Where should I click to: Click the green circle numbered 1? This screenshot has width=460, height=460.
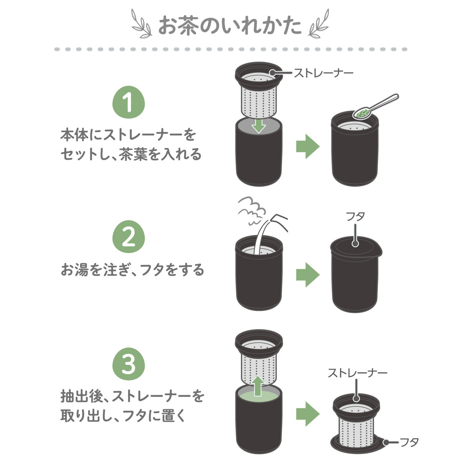[128, 102]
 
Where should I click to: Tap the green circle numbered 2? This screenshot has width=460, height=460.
[128, 237]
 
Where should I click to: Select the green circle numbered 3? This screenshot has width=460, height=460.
[128, 364]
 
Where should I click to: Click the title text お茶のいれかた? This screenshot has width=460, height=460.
[230, 26]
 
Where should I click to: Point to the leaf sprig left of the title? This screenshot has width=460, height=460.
[142, 23]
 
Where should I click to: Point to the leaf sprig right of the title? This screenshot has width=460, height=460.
[319, 23]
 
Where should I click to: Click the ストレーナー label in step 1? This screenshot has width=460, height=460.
[324, 72]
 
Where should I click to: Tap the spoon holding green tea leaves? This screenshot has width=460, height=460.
[375, 106]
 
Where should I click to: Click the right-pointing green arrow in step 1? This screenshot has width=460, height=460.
[308, 146]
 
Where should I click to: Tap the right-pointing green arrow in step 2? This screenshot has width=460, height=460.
[308, 274]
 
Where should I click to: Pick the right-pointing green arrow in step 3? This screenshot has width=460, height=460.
[308, 414]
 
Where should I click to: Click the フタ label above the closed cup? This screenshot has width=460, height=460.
[355, 217]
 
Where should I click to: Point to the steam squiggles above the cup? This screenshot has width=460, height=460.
[252, 210]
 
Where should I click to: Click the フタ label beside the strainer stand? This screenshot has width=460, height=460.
[409, 442]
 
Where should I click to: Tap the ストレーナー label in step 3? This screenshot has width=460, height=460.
[357, 373]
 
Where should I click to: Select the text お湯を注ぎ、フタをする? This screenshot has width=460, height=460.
[132, 270]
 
